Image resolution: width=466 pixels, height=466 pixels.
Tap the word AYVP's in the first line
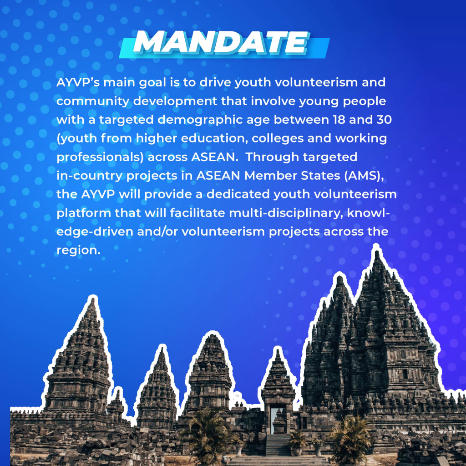coord(78,82)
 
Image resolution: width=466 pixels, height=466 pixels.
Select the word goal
coord(152,83)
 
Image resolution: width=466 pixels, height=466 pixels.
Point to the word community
coord(93,101)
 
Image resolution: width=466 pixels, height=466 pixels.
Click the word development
coord(175,101)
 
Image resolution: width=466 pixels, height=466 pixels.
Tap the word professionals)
coord(100,157)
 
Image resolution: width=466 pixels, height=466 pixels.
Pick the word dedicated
coord(238,194)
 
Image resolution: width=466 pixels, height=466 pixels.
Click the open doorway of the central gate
coord(278,420)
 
